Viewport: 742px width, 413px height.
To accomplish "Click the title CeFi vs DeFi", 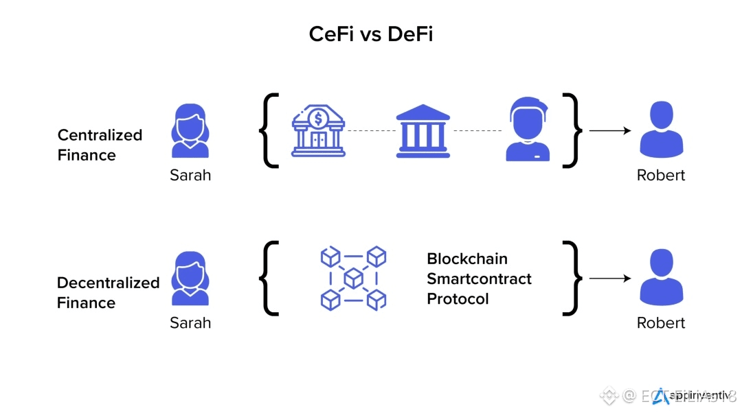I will (371, 34).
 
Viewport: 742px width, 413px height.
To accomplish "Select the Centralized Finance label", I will (100, 145).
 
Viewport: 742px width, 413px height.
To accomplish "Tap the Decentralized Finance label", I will (108, 292).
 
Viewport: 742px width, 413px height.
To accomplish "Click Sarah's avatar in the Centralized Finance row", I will (190, 131).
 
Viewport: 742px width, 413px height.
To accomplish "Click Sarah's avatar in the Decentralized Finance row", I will (190, 278).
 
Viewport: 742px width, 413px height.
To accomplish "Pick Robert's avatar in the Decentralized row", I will (661, 277).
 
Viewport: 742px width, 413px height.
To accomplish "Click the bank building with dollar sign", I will (318, 131).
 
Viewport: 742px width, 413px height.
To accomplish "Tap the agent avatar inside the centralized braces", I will (528, 130).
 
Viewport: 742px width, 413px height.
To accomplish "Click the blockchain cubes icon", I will (353, 278).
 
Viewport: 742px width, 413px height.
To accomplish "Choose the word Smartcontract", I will (479, 279).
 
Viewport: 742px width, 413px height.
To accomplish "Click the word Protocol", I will (458, 299).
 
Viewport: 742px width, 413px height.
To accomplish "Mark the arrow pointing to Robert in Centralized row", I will (610, 130).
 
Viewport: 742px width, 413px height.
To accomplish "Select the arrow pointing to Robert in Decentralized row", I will (610, 278).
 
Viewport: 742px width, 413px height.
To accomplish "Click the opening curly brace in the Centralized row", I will (269, 130).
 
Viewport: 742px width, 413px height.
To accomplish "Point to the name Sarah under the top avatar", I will (190, 175).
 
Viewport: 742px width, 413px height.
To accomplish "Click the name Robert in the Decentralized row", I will (661, 322).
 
